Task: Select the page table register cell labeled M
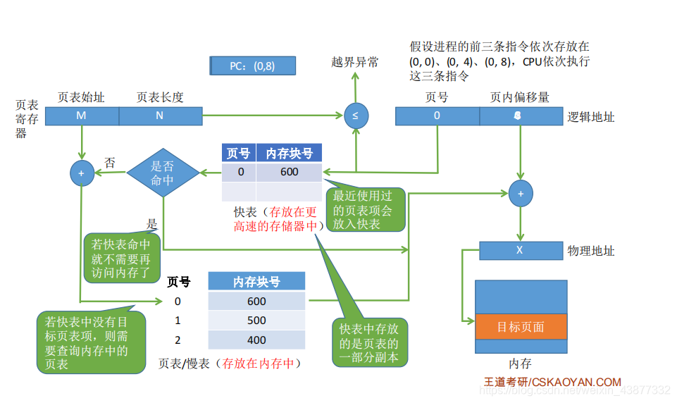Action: click(x=82, y=116)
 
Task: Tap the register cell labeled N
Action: click(x=160, y=116)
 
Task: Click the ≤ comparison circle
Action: click(x=355, y=115)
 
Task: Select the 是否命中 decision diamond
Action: click(x=163, y=173)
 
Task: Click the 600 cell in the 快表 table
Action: click(x=289, y=172)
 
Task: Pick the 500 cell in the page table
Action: click(x=256, y=321)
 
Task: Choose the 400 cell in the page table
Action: click(x=256, y=340)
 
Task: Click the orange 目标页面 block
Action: click(x=521, y=328)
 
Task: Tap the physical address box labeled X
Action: click(x=520, y=250)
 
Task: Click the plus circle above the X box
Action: click(x=521, y=193)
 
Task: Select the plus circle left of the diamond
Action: click(x=82, y=173)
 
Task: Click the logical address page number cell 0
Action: click(x=437, y=116)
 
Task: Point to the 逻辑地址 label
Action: click(x=591, y=117)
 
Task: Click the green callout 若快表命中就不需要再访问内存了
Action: click(x=121, y=257)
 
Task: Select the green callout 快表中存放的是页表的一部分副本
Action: click(x=369, y=343)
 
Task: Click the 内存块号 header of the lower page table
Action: click(x=256, y=282)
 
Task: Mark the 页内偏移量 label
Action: click(x=519, y=97)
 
